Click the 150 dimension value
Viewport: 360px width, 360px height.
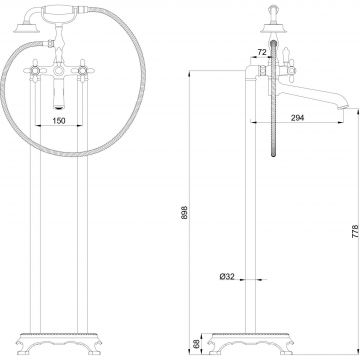click(59, 120)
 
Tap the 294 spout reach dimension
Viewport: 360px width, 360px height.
click(297, 117)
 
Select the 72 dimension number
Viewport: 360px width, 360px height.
click(262, 52)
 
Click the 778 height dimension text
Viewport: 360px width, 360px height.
click(355, 231)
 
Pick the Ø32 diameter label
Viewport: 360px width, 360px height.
click(227, 276)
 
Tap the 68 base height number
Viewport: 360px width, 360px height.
click(196, 344)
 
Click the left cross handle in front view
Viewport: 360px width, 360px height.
click(34, 70)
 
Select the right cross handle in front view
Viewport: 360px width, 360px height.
click(82, 70)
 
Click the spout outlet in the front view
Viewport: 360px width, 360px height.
click(59, 106)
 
